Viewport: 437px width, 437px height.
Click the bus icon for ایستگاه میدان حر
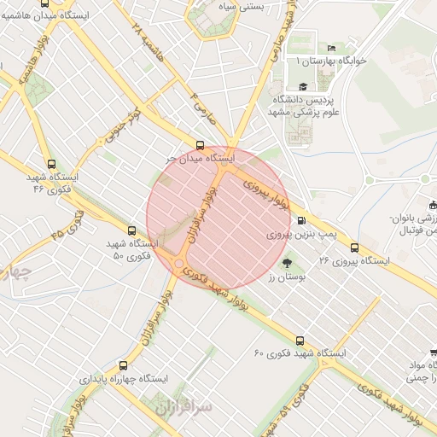pos(201,145)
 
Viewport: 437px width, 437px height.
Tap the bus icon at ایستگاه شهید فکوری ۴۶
pos(51,165)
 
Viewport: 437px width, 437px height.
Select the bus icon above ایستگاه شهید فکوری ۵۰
pos(131,230)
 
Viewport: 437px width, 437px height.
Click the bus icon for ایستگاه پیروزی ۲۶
pos(354,248)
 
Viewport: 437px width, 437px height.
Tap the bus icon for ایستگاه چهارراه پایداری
pos(124,364)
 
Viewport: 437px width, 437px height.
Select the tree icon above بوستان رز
pos(286,263)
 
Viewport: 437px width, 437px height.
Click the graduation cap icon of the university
pos(303,86)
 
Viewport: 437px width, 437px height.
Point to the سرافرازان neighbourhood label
pos(182,409)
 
